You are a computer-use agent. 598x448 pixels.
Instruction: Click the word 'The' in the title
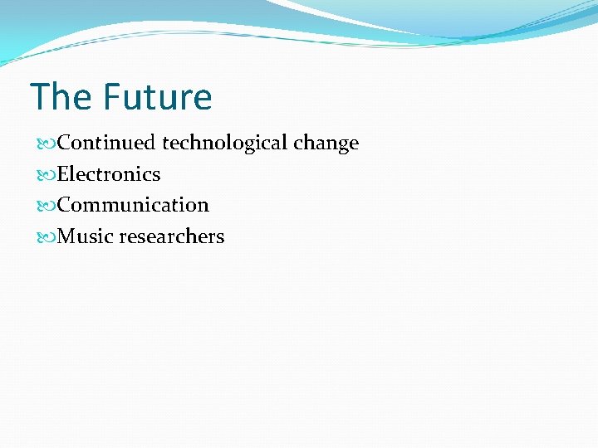coord(61,97)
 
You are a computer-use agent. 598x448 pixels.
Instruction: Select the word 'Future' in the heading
coord(157,97)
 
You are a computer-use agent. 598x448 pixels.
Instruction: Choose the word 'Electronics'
coord(109,174)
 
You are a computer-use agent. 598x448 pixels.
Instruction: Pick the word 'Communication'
coord(133,205)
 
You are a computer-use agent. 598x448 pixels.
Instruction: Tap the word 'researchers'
coord(172,236)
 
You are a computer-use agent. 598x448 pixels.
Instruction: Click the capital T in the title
coord(40,97)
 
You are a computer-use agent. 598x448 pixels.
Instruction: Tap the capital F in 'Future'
coord(112,97)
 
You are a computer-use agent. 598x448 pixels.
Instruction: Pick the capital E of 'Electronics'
coord(63,174)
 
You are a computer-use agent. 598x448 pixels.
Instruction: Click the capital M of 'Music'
coord(67,236)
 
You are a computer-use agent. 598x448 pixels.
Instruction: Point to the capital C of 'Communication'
coord(64,205)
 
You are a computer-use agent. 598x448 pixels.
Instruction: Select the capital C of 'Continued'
coord(64,143)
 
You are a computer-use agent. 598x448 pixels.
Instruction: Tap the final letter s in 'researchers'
coord(220,237)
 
